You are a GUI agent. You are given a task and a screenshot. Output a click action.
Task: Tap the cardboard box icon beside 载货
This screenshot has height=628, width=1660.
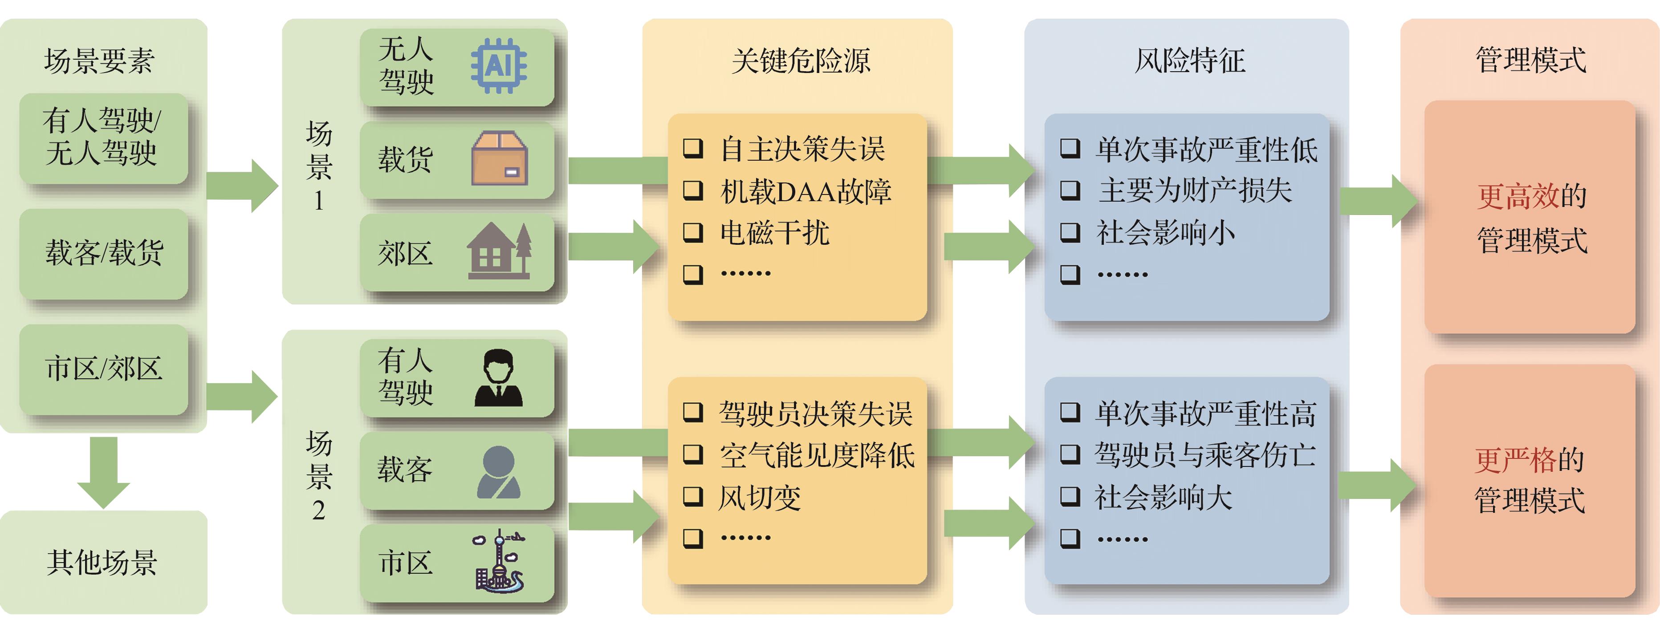[500, 158]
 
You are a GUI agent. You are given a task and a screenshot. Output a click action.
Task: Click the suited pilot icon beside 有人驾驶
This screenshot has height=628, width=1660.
[498, 378]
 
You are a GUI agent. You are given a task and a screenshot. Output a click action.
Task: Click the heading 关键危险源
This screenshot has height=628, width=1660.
[800, 61]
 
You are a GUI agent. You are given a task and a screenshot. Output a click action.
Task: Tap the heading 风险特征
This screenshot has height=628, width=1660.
[1190, 61]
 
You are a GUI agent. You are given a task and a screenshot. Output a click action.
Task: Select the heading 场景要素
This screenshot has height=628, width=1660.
[99, 61]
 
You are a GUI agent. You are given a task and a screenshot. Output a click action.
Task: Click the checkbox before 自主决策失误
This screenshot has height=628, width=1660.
[693, 148]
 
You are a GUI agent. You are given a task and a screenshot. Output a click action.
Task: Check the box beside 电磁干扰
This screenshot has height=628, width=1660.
[693, 232]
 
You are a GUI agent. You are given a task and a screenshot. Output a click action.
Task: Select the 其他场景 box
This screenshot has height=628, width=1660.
[103, 562]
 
